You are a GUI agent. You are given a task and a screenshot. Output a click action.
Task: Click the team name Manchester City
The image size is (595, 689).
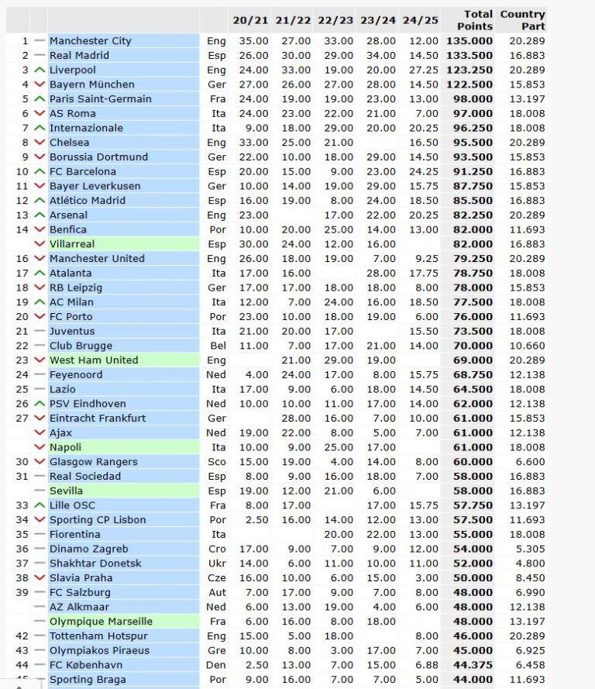click(x=90, y=41)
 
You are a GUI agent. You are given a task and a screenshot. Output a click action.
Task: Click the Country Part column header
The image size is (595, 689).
click(x=522, y=20)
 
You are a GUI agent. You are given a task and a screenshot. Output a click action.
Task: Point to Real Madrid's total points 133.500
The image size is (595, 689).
click(x=469, y=56)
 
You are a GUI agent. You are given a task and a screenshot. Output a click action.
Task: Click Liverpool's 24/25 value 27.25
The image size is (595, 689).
click(x=420, y=70)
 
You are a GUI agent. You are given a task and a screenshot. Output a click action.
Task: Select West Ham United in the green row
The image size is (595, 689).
click(x=94, y=360)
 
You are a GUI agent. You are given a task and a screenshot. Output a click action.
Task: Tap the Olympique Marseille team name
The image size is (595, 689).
click(x=101, y=622)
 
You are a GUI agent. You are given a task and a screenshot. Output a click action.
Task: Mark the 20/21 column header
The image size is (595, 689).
click(x=248, y=20)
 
